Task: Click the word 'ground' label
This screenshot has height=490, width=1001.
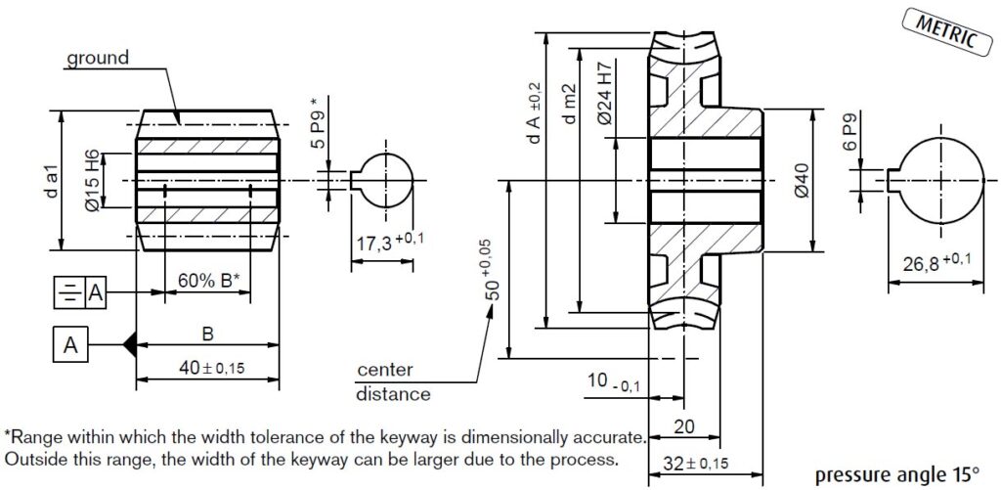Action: pyautogui.click(x=97, y=59)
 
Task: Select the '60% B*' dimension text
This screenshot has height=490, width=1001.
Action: pyautogui.click(x=208, y=280)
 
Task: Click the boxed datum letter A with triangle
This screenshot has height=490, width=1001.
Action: pyautogui.click(x=69, y=344)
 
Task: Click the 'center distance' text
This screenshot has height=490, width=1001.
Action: pyautogui.click(x=391, y=382)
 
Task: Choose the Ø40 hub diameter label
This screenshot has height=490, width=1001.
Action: pyautogui.click(x=802, y=181)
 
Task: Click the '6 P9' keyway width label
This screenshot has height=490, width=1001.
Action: pyautogui.click(x=849, y=136)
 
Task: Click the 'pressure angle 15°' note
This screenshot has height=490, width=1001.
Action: pyautogui.click(x=893, y=472)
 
